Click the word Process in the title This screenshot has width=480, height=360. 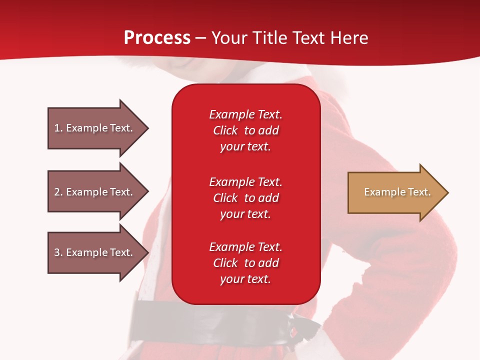(157, 38)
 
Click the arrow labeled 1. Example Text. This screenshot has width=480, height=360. (95, 128)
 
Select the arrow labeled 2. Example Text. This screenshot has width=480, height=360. (95, 192)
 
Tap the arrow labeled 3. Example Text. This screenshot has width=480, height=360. (95, 252)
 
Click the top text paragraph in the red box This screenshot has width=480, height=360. (245, 130)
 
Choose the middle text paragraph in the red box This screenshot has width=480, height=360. (245, 198)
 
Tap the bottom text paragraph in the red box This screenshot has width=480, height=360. (245, 263)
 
